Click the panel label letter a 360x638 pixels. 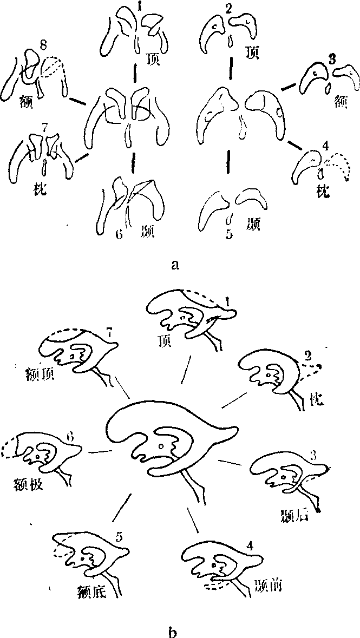tap(174, 265)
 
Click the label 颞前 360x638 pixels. tap(266, 585)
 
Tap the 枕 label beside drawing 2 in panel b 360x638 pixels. tap(317, 400)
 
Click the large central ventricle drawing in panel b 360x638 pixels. tap(168, 438)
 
